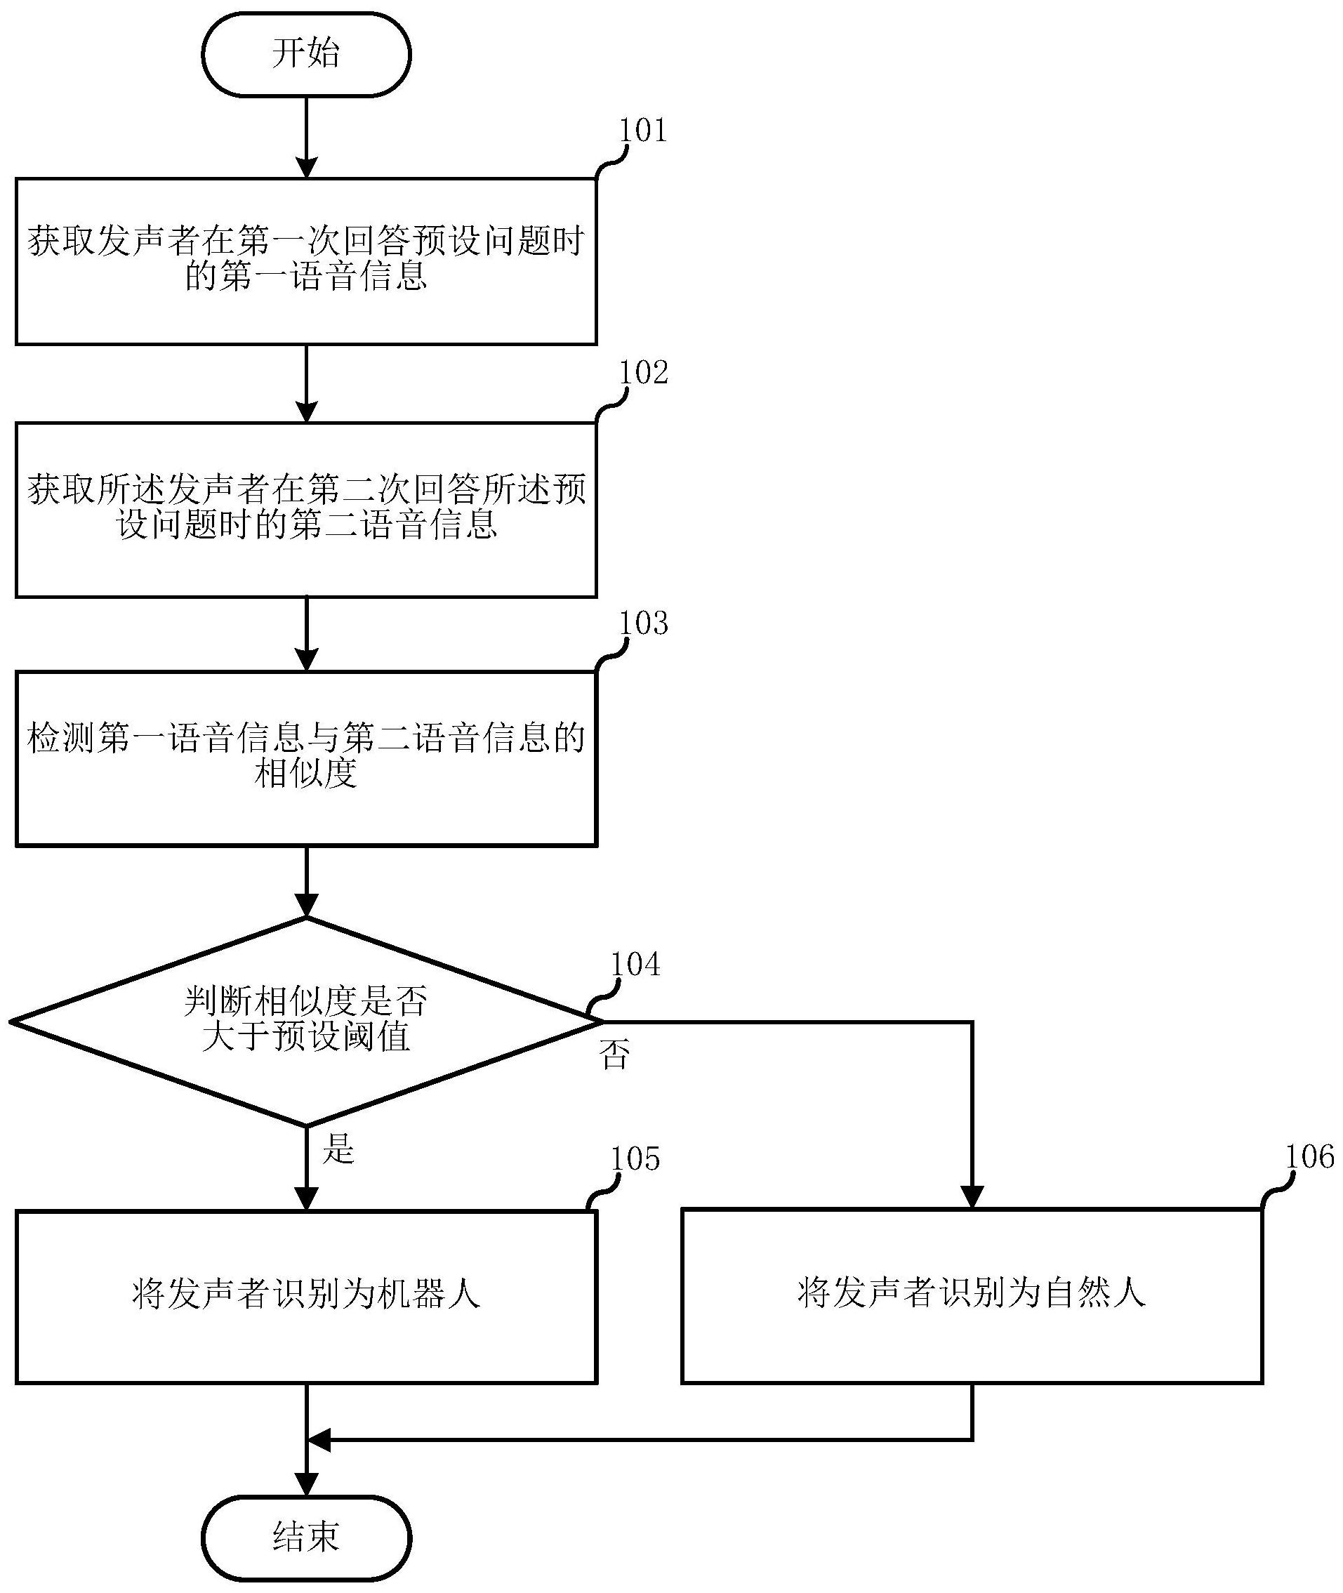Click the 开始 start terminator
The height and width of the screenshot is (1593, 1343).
pos(306,55)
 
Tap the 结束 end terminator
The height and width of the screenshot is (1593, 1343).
pos(306,1538)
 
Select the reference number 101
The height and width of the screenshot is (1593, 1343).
pos(642,131)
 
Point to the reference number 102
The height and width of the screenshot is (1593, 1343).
pos(643,373)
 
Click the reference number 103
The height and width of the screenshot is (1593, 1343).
pos(643,623)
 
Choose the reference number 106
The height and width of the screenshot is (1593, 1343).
pos(1309,1158)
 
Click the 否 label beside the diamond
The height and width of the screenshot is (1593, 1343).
pos(614,1055)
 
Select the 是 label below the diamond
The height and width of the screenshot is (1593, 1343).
pos(339,1148)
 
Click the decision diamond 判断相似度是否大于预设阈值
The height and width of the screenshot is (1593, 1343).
pos(306,1020)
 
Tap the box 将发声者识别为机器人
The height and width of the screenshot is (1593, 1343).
pos(306,1295)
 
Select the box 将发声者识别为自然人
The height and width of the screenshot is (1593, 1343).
pos(972,1295)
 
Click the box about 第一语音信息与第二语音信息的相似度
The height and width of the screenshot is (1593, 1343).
pos(306,758)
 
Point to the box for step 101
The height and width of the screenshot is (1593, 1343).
pos(306,261)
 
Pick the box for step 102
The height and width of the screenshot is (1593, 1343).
pos(306,510)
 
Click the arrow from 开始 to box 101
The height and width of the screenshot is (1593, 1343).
pos(306,137)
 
